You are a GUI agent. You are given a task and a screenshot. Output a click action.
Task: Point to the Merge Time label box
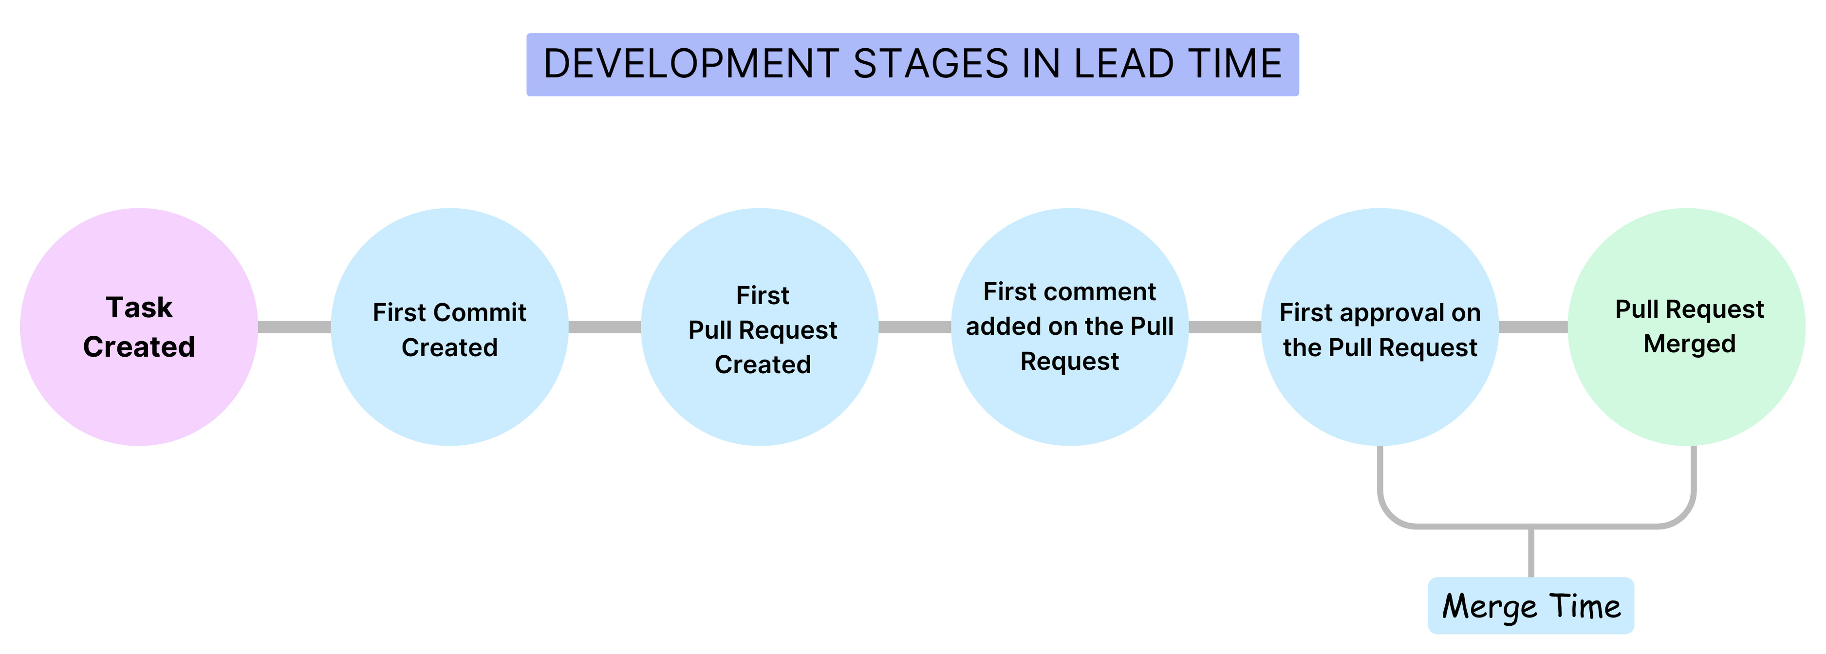pos(1530,606)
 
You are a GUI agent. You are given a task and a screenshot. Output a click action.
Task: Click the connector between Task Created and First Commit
pos(294,327)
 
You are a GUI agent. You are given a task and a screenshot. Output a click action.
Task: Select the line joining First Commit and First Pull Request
pos(605,327)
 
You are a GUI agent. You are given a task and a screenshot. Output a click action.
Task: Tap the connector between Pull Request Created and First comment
pos(914,327)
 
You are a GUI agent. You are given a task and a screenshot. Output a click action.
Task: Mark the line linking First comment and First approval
pos(1225,327)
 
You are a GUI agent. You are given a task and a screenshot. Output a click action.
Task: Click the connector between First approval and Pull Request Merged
pos(1533,327)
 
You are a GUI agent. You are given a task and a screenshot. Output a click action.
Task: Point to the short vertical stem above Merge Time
pos(1531,553)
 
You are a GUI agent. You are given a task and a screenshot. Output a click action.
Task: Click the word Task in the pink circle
pos(139,308)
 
